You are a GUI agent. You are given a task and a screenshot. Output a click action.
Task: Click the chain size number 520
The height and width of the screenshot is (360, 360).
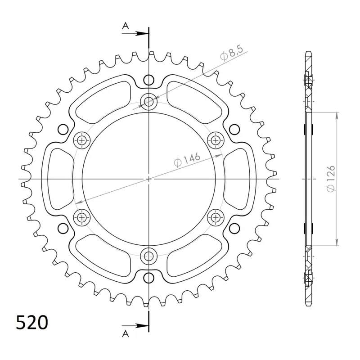coord(31,323)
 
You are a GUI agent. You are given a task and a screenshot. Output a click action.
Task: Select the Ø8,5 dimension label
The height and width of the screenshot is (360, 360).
coord(232,54)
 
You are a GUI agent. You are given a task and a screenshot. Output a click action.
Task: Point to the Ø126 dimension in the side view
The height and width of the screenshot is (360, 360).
coord(331,179)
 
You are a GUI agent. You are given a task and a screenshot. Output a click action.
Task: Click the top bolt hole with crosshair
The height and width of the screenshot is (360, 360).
coord(148,102)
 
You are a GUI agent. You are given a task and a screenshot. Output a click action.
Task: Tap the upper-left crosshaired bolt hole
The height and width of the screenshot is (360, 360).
coord(81,140)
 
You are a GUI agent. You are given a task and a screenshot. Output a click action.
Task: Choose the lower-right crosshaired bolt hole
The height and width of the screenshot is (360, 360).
coord(216,218)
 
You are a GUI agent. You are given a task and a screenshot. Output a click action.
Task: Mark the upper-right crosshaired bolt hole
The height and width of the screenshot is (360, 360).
coord(216,140)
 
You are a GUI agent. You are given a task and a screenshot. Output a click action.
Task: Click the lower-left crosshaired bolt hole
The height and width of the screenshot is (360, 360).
coord(81,218)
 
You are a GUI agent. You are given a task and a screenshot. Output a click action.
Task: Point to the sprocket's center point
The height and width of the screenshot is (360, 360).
coord(148,179)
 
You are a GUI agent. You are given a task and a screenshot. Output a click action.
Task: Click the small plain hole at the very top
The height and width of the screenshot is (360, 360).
coord(148,81)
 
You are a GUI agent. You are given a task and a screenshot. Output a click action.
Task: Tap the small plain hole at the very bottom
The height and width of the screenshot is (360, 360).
coord(148,278)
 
